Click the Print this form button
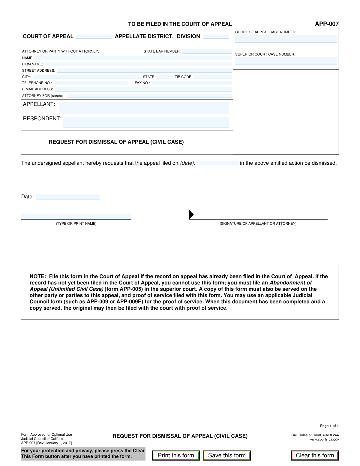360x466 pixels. click(x=176, y=455)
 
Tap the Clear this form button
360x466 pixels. click(x=315, y=455)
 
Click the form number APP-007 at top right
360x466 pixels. click(x=327, y=24)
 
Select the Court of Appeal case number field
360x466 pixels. click(x=286, y=39)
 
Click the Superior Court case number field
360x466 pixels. click(x=286, y=61)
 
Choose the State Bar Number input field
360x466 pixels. click(x=207, y=51)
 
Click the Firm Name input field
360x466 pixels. click(x=138, y=64)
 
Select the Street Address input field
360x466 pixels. click(x=144, y=71)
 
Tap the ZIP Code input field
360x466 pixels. click(x=213, y=77)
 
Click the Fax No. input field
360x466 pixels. click(x=191, y=83)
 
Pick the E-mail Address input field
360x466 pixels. click(x=143, y=89)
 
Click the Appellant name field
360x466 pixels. click(x=144, y=107)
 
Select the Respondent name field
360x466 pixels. click(x=146, y=122)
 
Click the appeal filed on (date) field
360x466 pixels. click(x=217, y=163)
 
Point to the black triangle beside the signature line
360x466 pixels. click(x=191, y=215)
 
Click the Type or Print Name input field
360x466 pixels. click(x=76, y=217)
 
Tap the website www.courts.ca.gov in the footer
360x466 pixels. click(x=324, y=440)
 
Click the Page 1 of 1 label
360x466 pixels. click(x=329, y=426)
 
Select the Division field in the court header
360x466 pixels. click(x=216, y=37)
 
